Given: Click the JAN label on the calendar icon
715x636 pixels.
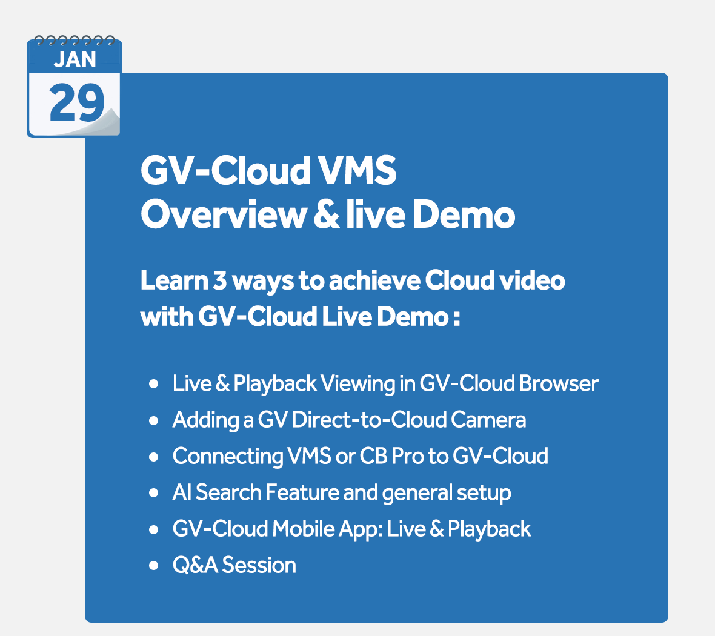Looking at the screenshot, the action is [75, 59].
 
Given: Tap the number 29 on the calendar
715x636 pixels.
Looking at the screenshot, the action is [76, 102].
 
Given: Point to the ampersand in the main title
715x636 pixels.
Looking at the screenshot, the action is [327, 214].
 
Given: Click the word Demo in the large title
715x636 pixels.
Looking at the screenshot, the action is [464, 214].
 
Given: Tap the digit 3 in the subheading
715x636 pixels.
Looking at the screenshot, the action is [220, 280].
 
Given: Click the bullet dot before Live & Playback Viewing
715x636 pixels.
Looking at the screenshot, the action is [154, 383].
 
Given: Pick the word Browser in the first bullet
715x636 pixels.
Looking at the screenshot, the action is [559, 383].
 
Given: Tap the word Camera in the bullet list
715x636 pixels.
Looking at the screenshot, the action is [488, 420].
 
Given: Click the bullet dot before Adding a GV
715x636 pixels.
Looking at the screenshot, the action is [154, 420].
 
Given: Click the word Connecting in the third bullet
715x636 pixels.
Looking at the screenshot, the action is [228, 456].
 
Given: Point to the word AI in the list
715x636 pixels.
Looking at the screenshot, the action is [182, 492].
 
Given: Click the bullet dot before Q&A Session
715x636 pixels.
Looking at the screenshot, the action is [154, 566].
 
